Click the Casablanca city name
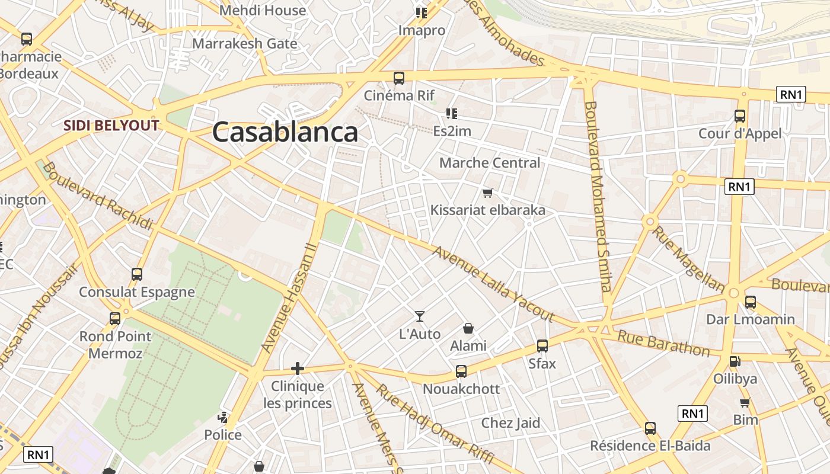click(285, 132)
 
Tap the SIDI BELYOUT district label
click(111, 126)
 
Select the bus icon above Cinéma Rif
click(399, 78)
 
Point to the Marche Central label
click(490, 163)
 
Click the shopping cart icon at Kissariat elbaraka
click(488, 193)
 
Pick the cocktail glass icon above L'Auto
click(420, 316)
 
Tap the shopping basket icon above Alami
click(468, 328)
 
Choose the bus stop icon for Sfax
click(542, 346)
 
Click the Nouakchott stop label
click(461, 389)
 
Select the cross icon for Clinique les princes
click(298, 369)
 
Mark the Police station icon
click(223, 418)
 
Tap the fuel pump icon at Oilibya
click(735, 361)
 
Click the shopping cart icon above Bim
click(745, 403)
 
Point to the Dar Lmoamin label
click(750, 319)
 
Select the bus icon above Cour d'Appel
click(740, 116)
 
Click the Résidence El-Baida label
click(650, 446)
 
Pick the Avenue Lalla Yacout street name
click(493, 284)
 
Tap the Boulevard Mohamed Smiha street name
click(598, 196)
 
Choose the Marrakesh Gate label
click(244, 43)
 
